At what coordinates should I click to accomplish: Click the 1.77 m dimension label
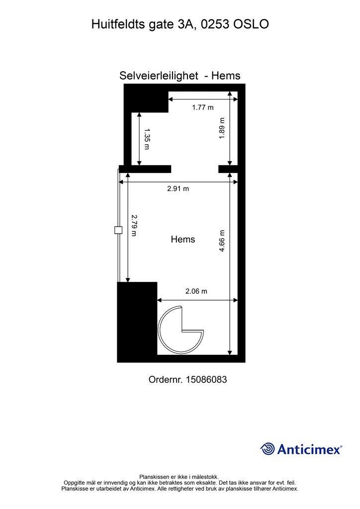(202, 107)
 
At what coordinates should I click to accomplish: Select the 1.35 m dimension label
(146, 139)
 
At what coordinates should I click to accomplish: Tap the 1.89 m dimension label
(222, 128)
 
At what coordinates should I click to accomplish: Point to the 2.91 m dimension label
(178, 188)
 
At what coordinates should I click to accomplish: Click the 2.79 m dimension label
(134, 225)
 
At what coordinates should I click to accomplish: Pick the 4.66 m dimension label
(222, 241)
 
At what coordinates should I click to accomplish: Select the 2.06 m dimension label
(196, 291)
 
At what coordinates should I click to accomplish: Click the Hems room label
(183, 239)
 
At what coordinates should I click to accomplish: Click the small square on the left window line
(118, 230)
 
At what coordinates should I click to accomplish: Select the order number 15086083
(206, 379)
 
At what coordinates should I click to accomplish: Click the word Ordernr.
(166, 379)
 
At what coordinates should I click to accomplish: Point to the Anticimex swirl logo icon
(268, 449)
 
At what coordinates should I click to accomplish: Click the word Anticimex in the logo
(309, 449)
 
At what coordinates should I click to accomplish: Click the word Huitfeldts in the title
(118, 24)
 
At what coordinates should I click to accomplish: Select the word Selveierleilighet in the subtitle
(159, 76)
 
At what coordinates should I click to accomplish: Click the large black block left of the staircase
(137, 322)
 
